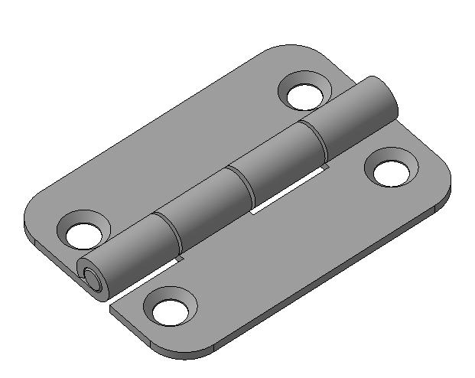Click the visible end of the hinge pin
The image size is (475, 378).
click(x=92, y=279)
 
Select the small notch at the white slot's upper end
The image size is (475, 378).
click(x=326, y=166)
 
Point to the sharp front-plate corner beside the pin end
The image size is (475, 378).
click(x=112, y=305)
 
